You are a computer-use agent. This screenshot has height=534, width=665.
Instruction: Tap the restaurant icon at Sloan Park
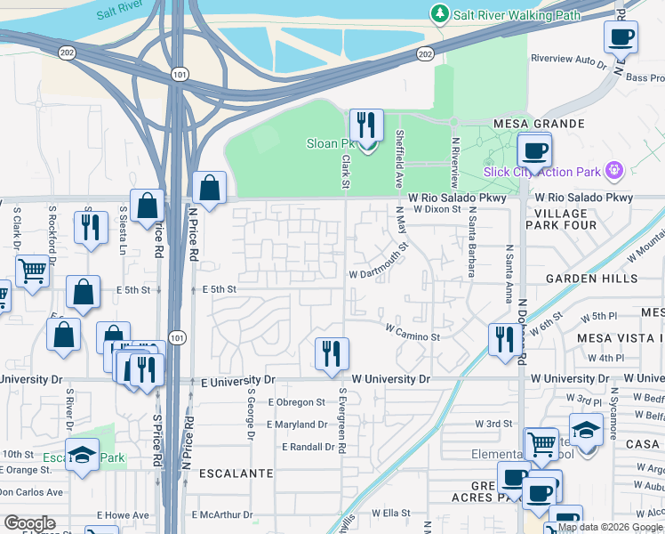click(x=365, y=126)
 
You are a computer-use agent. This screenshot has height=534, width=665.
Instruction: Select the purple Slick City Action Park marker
click(x=613, y=170)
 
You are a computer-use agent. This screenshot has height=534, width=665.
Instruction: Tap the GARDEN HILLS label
click(x=592, y=279)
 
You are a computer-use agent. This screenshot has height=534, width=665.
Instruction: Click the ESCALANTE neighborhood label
click(x=236, y=473)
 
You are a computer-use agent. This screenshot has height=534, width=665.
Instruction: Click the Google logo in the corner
click(x=29, y=523)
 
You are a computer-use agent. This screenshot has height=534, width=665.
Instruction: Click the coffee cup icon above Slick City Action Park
click(x=534, y=150)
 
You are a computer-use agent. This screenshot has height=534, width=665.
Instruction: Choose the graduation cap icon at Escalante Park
click(x=82, y=455)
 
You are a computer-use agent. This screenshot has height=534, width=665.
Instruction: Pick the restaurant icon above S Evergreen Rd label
click(x=332, y=353)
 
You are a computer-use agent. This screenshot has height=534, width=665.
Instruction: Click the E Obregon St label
click(x=296, y=402)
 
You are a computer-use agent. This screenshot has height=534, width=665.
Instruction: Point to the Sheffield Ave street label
click(x=399, y=157)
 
